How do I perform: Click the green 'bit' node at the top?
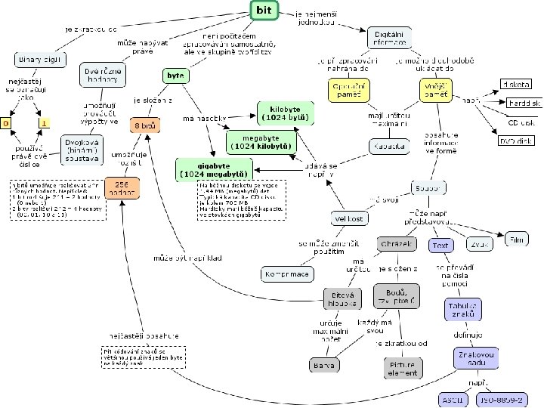[264, 9]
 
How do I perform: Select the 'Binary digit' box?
[40, 59]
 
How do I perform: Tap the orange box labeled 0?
[6, 122]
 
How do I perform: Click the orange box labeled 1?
[45, 122]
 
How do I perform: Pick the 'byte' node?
[175, 75]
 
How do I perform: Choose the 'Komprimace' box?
[287, 274]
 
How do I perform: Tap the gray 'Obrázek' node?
[397, 244]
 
